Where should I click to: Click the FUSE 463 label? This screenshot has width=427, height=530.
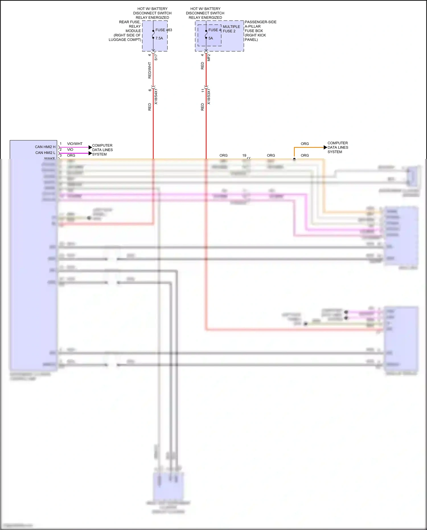tap(164, 30)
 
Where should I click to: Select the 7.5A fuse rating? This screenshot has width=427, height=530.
tap(159, 38)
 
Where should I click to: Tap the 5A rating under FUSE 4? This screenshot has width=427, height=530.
tap(211, 38)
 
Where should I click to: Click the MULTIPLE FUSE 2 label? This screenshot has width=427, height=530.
tap(231, 29)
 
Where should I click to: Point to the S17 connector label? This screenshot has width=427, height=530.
tap(156, 57)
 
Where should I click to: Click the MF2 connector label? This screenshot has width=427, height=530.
tap(209, 57)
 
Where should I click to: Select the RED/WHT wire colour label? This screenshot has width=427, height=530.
tap(150, 70)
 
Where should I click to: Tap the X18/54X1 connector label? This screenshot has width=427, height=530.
tap(156, 97)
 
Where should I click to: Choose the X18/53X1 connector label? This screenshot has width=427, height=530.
tap(209, 97)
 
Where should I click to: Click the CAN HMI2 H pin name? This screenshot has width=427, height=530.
tap(45, 147)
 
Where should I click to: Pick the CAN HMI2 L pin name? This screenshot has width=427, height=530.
tap(45, 153)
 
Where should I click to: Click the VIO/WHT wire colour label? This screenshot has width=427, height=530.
tap(75, 144)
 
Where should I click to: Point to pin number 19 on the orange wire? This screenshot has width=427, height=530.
tap(244, 155)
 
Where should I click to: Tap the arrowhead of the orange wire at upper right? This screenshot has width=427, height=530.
tap(325, 148)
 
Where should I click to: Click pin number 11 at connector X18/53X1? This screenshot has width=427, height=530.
tap(203, 91)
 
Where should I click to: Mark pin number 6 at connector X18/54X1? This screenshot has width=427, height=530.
tap(150, 90)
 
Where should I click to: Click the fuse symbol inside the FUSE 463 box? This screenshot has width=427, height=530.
tap(153, 34)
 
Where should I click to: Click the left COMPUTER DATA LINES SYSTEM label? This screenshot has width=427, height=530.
tap(102, 150)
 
